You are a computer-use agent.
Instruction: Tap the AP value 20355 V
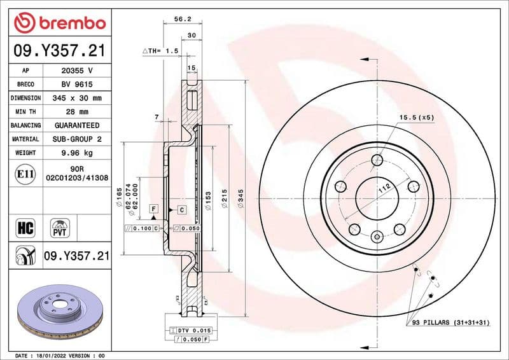[x=76, y=71]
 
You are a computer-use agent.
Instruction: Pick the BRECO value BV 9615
[x=76, y=84]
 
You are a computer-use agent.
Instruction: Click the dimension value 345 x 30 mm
[x=76, y=98]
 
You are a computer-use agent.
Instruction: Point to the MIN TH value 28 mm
[x=76, y=112]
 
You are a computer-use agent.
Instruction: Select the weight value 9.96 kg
[x=76, y=153]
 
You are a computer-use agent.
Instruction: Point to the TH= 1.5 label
[x=160, y=50]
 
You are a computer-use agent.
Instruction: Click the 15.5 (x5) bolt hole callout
[x=416, y=118]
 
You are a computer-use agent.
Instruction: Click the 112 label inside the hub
[x=384, y=188]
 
